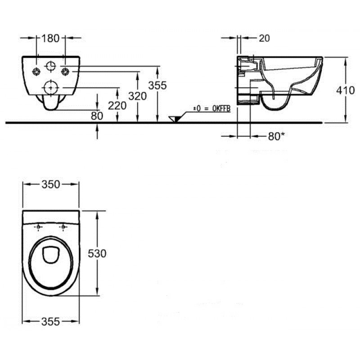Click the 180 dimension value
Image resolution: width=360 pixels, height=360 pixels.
tap(50, 38)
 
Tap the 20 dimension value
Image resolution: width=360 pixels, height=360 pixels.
tap(264, 38)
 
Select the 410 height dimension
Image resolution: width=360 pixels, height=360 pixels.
tap(346, 90)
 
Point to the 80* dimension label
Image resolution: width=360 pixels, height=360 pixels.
tap(276, 137)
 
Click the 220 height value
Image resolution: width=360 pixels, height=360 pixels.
tap(117, 106)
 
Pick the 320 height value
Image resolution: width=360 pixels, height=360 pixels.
tap(138, 96)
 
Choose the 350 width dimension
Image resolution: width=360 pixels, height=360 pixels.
tap(51, 184)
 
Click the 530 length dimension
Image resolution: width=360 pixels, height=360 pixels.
tap(97, 254)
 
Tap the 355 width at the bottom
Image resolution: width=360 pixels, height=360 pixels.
tap(50, 322)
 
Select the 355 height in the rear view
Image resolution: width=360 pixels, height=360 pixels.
tap(157, 85)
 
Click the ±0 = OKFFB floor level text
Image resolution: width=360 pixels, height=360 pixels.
tap(211, 108)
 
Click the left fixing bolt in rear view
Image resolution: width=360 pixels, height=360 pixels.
tap(36, 72)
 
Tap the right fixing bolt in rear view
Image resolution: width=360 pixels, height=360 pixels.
tap(65, 72)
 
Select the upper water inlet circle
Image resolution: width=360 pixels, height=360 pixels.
tap(51, 66)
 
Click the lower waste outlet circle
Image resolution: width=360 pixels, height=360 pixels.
tap(51, 88)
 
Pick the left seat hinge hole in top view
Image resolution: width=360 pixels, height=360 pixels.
tap(39, 227)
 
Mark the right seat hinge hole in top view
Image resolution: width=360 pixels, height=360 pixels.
tap(63, 227)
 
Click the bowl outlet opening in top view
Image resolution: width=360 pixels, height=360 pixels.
tap(51, 255)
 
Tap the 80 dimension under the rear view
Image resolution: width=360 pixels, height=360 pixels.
tap(97, 116)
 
